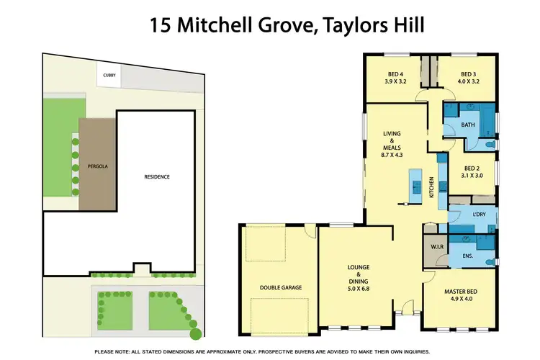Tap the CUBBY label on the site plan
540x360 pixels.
pyautogui.click(x=108, y=73)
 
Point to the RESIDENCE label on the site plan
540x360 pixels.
pyautogui.click(x=156, y=176)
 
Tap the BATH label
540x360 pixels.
pyautogui.click(x=468, y=125)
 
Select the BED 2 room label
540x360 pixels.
pyautogui.click(x=472, y=167)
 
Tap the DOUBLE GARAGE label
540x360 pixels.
pyautogui.click(x=281, y=287)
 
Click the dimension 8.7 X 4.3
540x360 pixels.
pyautogui.click(x=392, y=154)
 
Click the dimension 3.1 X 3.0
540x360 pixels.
pyautogui.click(x=472, y=175)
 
